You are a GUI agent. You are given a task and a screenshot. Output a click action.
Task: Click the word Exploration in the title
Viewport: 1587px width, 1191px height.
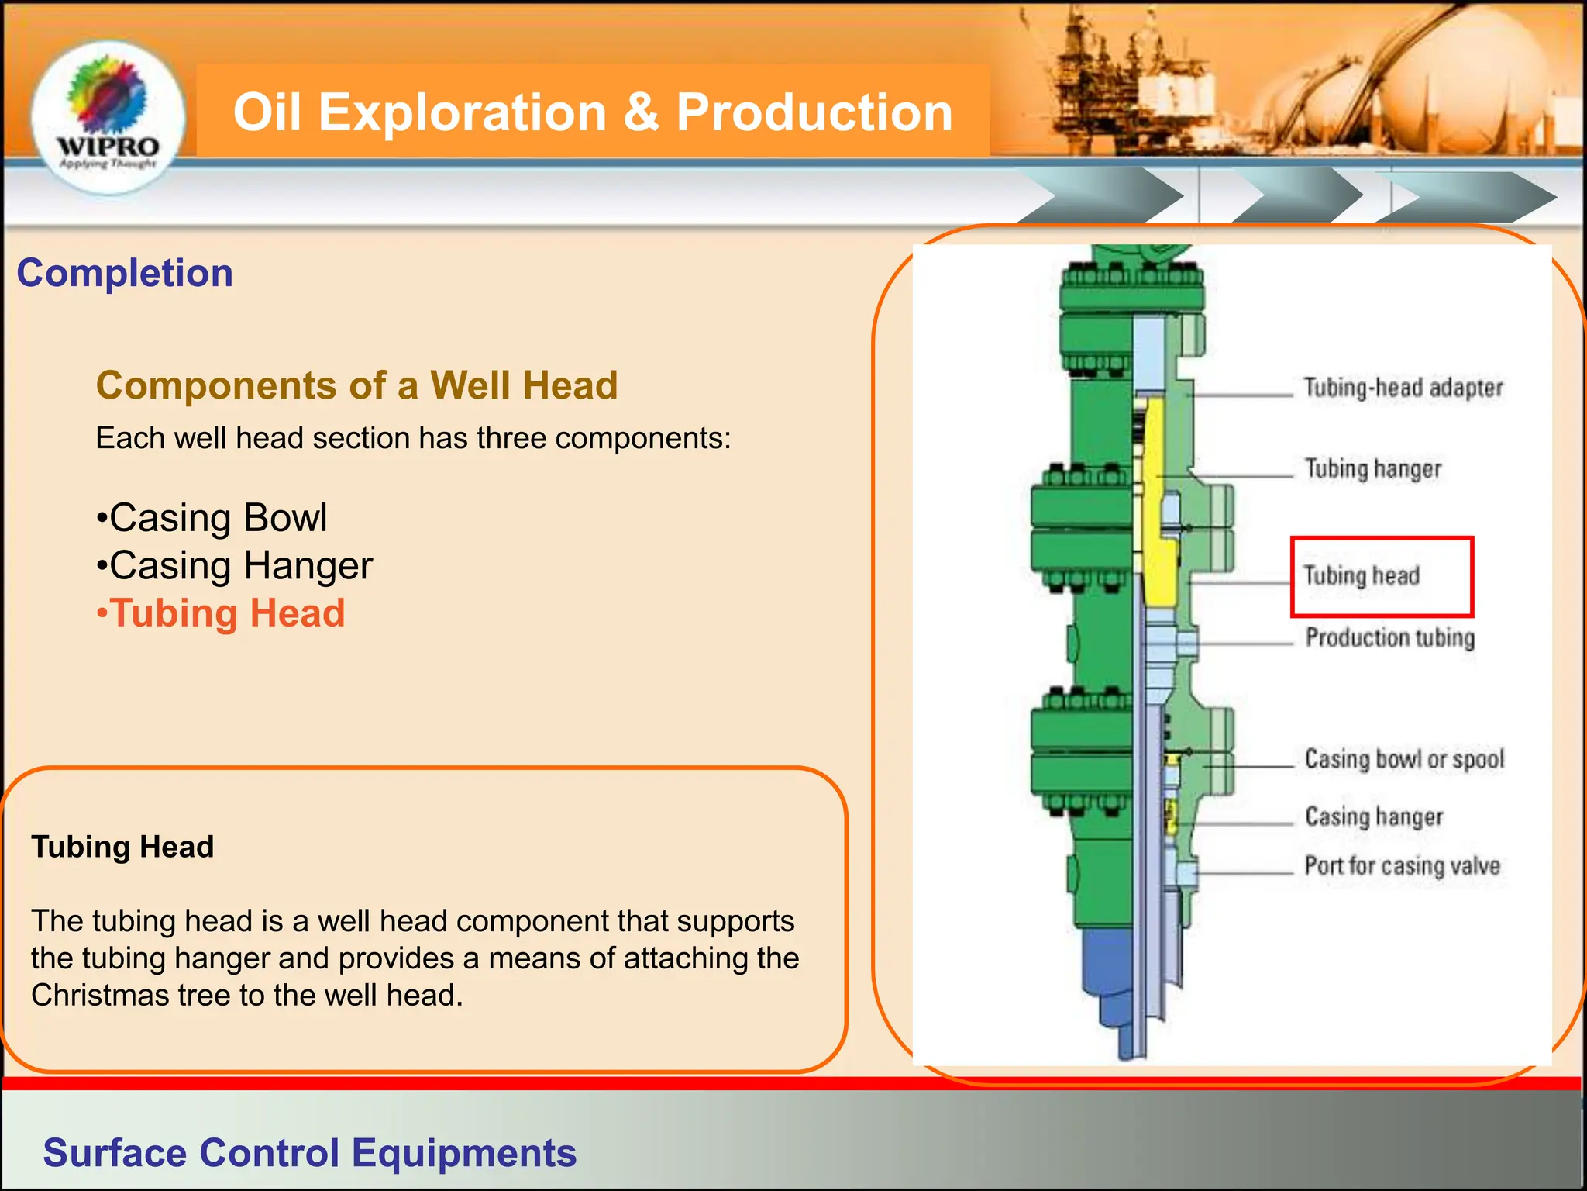pos(462,112)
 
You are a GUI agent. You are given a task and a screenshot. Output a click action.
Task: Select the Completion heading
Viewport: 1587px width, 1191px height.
pos(125,273)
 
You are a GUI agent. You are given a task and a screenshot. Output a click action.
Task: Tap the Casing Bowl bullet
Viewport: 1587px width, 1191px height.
pos(212,518)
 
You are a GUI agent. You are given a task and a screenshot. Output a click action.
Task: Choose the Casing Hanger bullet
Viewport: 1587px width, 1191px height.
pos(234,566)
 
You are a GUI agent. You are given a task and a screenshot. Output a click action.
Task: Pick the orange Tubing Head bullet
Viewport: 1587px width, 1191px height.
pos(221,613)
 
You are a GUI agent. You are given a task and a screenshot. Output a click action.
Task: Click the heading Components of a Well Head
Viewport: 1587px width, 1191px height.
pos(356,385)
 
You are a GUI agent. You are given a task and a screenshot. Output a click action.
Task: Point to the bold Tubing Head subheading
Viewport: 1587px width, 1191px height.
pos(122,847)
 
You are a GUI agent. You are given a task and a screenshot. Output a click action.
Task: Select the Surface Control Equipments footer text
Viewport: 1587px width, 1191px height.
pos(309,1153)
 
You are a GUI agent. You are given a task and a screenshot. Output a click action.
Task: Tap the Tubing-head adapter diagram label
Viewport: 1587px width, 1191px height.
pos(1403,388)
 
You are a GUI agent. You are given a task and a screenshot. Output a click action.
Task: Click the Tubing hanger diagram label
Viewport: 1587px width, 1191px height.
pos(1372,468)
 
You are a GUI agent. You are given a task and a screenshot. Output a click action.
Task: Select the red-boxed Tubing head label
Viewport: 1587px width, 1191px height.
pos(1362,575)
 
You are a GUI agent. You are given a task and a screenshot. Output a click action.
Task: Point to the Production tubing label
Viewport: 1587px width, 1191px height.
pos(1389,637)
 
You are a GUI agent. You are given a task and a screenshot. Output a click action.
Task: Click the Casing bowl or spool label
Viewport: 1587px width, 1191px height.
pos(1404,758)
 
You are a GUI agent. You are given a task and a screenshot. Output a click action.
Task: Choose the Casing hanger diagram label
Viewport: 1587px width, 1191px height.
pos(1374,816)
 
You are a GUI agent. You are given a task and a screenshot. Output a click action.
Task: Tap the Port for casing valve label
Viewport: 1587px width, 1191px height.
pos(1402,865)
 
